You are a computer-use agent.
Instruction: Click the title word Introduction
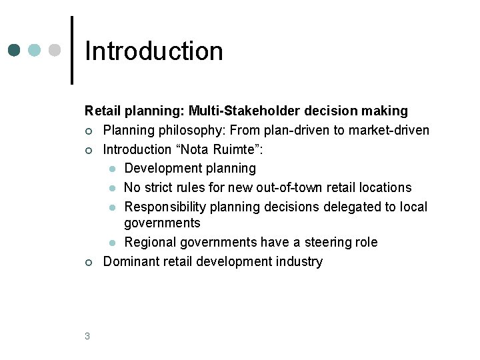tap(154, 51)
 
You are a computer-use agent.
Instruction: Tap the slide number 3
tap(87, 336)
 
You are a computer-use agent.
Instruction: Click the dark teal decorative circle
tap(14, 51)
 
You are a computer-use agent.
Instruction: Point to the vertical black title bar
tap(72, 50)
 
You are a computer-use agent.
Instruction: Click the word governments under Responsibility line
tap(162, 223)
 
